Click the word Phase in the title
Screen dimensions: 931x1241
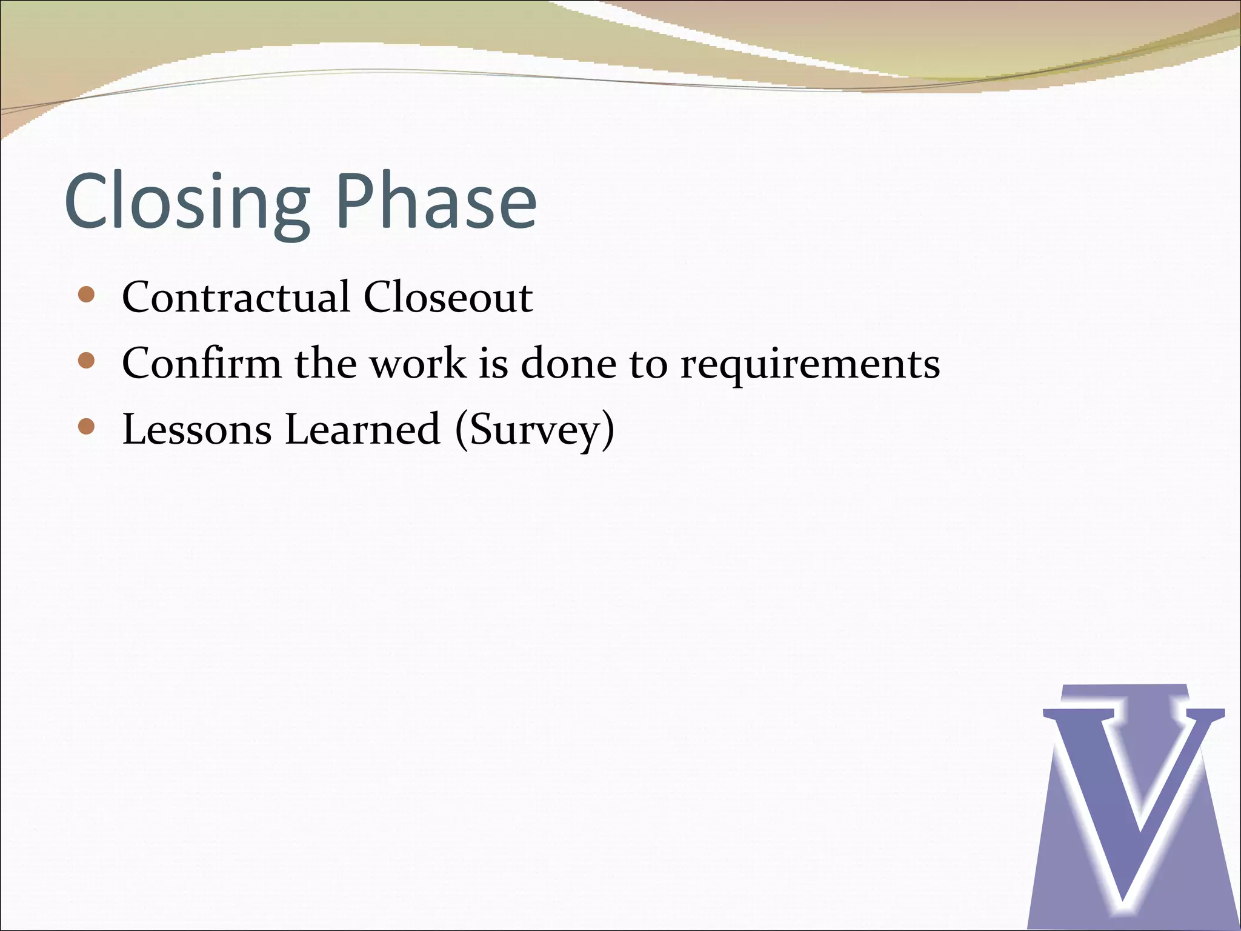click(436, 201)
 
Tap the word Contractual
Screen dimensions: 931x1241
click(236, 298)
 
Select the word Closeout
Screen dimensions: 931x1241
click(448, 298)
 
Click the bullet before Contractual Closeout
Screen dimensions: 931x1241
click(87, 295)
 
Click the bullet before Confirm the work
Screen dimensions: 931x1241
click(87, 361)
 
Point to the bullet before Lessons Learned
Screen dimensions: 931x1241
click(87, 427)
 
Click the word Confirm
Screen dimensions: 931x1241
click(202, 364)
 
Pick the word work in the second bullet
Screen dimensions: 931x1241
click(418, 364)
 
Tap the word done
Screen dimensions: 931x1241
click(568, 364)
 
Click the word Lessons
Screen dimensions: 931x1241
click(197, 430)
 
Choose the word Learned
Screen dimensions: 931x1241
click(362, 430)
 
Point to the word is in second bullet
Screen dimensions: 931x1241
click(493, 364)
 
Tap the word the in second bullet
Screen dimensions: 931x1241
click(325, 364)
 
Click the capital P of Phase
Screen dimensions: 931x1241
click(354, 201)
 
